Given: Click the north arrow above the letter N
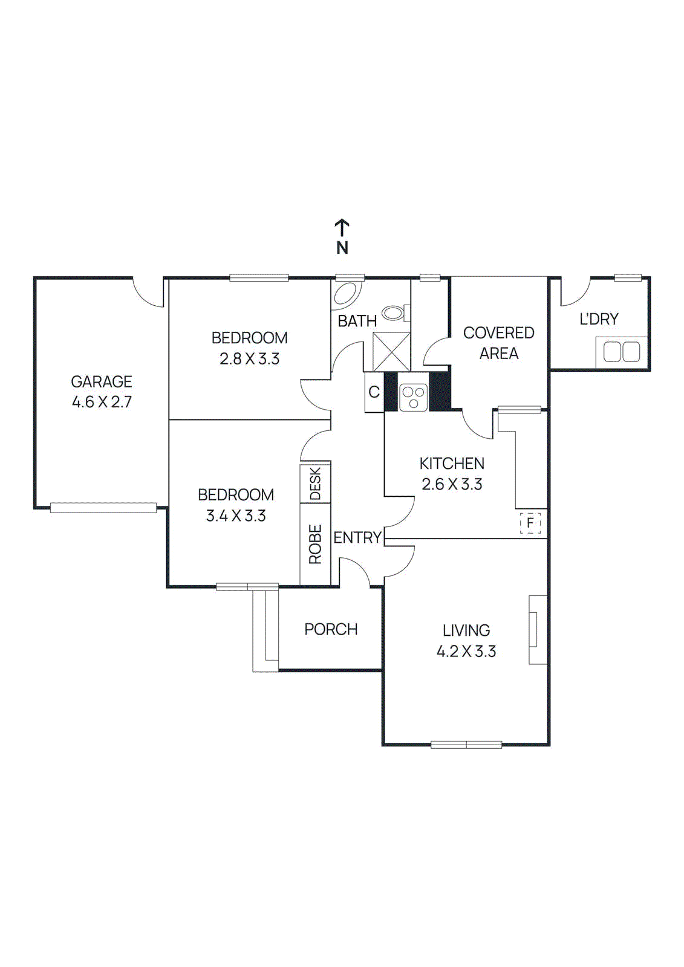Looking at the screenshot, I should (x=342, y=228).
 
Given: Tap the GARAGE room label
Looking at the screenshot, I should (x=102, y=381).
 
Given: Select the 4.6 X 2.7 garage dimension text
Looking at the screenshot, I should (x=102, y=402).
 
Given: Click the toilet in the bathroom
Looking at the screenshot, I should (x=394, y=312).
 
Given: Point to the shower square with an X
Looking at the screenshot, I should (x=391, y=351).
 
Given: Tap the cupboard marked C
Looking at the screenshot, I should (x=374, y=392).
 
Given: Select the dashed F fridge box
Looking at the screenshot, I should (x=530, y=523).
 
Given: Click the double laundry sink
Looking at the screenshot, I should (x=622, y=352).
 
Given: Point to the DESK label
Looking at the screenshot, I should (x=315, y=483).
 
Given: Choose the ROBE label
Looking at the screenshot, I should (x=315, y=544).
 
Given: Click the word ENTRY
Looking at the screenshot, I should (x=357, y=537).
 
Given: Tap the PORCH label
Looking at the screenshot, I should (x=331, y=629).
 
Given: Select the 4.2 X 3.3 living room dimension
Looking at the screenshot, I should (x=466, y=651).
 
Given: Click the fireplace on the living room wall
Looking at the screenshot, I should (x=537, y=630).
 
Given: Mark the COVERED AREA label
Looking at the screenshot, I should (x=498, y=343).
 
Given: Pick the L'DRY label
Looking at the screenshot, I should (x=599, y=319).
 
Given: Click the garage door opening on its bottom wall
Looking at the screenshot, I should (x=103, y=508).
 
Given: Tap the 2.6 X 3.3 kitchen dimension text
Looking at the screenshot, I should (x=452, y=484).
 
